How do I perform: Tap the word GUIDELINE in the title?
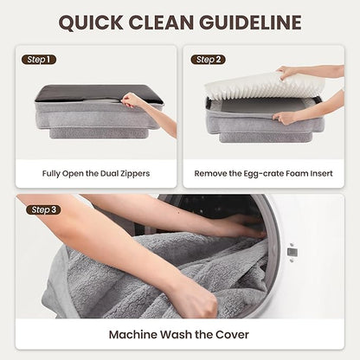point(250,22)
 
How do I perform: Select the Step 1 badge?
point(39,60)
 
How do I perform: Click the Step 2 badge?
point(208,60)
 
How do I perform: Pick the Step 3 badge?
point(43,209)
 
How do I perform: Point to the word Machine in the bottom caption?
point(133,335)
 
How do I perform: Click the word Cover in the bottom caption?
point(232,335)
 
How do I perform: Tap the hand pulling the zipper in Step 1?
point(132,100)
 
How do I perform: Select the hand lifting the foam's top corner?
point(286,72)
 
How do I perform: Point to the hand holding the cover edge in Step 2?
point(284,118)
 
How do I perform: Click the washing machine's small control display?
point(292,253)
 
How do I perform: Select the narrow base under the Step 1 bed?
point(99,133)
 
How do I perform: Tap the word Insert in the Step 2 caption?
point(321,174)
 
